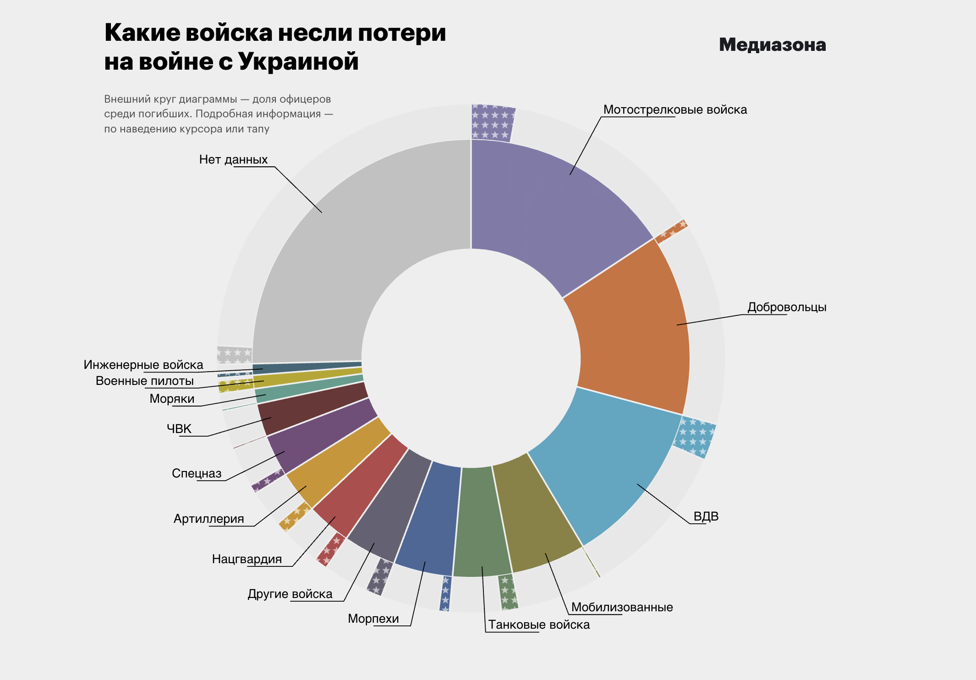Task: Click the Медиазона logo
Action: (772, 45)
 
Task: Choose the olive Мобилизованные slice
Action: (536, 518)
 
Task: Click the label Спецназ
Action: (197, 473)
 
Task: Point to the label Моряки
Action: (172, 399)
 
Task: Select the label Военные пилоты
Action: (144, 381)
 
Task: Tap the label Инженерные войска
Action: (143, 365)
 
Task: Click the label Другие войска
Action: (290, 594)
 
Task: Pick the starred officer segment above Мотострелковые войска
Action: (492, 122)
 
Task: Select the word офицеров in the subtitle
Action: (305, 99)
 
